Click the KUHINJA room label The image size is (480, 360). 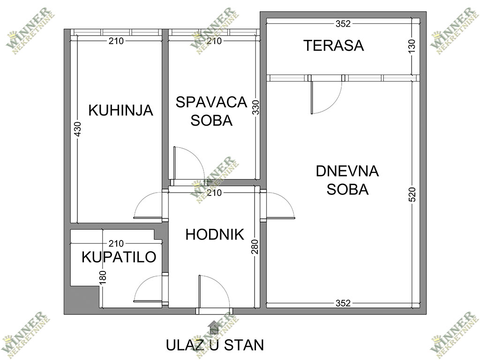pyautogui.click(x=121, y=111)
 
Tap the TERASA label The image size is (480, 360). pyautogui.click(x=333, y=46)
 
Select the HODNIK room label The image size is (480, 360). pyautogui.click(x=215, y=234)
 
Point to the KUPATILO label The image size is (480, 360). pyautogui.click(x=119, y=257)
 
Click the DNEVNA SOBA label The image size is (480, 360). pyautogui.click(x=347, y=180)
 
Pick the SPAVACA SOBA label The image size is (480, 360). pyautogui.click(x=211, y=111)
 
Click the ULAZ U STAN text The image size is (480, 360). pyautogui.click(x=215, y=345)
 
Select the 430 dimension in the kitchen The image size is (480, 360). pyautogui.click(x=78, y=130)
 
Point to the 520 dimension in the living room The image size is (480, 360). pyautogui.click(x=412, y=195)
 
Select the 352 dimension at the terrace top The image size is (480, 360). pyautogui.click(x=343, y=22)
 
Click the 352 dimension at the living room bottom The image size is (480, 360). pyautogui.click(x=343, y=303)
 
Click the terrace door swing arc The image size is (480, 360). pyautogui.click(x=326, y=99)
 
